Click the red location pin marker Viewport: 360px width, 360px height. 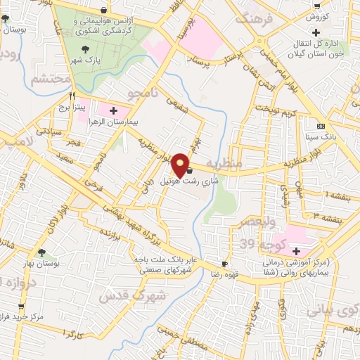click(181, 165)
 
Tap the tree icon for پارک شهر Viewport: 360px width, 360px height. click(86, 49)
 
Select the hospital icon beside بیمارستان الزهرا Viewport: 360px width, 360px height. click(113, 110)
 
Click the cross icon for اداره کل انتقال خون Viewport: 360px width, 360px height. click(318, 32)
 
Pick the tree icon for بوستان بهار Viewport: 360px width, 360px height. click(42, 252)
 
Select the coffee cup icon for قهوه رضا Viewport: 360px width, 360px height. click(224, 263)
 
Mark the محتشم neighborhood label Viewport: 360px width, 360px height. click(49, 78)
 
